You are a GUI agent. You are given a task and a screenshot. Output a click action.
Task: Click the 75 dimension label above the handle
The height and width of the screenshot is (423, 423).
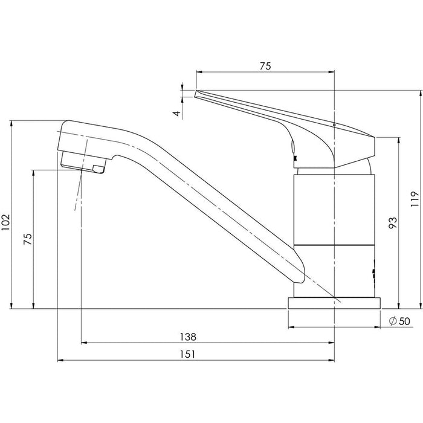pyautogui.click(x=265, y=66)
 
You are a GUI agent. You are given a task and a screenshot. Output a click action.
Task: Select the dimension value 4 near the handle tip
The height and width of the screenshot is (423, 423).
pyautogui.click(x=177, y=114)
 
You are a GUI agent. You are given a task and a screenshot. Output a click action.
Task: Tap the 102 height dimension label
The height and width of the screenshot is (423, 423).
pyautogui.click(x=5, y=222)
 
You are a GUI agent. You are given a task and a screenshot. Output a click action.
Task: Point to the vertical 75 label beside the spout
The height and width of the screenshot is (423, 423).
pyautogui.click(x=28, y=239)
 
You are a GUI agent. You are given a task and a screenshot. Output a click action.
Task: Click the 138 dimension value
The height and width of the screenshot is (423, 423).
pyautogui.click(x=188, y=337)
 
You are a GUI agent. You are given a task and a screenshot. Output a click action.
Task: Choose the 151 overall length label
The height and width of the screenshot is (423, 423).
pyautogui.click(x=187, y=355)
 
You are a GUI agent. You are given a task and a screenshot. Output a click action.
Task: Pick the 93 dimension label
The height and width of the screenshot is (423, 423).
pyautogui.click(x=393, y=223)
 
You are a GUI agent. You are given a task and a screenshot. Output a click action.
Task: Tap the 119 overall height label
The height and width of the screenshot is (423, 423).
pyautogui.click(x=415, y=199)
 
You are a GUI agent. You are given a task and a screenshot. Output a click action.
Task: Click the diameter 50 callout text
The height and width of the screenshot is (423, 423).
pyautogui.click(x=399, y=321)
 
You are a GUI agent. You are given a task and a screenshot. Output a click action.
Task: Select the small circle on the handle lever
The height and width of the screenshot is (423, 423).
pyautogui.click(x=334, y=125)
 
